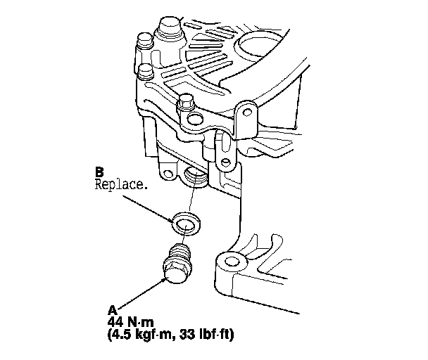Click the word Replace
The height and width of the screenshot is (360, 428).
[x=115, y=185]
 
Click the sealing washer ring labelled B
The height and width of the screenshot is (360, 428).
[x=185, y=224]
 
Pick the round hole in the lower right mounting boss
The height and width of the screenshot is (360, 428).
[x=233, y=263]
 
